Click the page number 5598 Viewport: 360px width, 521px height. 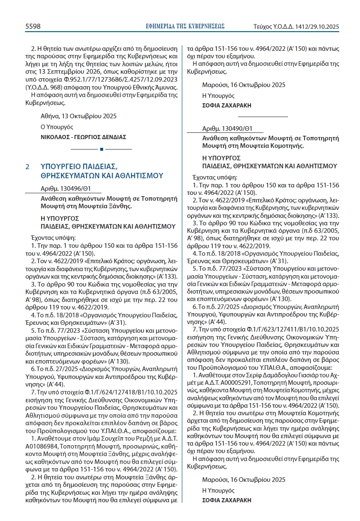pyautogui.click(x=33, y=26)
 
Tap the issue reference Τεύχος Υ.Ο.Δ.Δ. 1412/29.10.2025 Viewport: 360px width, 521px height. pyautogui.click(x=296, y=27)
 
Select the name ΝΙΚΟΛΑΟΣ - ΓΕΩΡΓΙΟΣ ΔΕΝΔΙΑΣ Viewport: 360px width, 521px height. pyautogui.click(x=83, y=137)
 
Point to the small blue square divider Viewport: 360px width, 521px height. pyautogui.click(x=101, y=149)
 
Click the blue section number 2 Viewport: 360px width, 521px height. pyautogui.click(x=27, y=167)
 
